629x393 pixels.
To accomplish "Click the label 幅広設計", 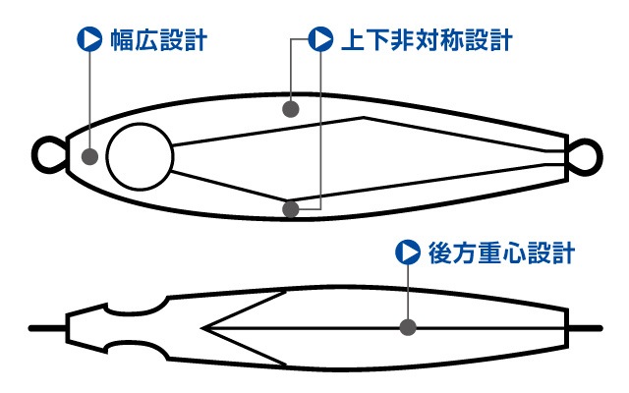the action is (159, 39).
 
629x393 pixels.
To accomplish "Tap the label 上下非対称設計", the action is (427, 39).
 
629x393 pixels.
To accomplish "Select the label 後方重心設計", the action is (501, 253).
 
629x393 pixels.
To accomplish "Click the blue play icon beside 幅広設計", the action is (89, 39).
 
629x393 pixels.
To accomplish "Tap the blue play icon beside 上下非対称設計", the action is (320, 39).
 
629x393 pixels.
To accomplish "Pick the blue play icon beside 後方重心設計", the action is (408, 252).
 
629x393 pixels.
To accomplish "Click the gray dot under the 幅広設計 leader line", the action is (89, 156).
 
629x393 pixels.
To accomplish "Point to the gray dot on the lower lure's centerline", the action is (408, 327).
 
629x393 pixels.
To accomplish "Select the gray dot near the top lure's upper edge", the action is (291, 109).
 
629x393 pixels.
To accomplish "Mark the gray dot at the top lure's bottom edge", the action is (291, 209).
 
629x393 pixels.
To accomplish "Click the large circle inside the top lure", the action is (140, 156).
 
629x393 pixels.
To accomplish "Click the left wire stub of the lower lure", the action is (47, 328).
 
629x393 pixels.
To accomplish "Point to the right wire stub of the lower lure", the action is (586, 328).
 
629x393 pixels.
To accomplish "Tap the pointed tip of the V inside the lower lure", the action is (202, 328).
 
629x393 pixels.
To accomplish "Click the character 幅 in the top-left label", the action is (122, 39).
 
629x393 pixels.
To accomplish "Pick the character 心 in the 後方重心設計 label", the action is (513, 253).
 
